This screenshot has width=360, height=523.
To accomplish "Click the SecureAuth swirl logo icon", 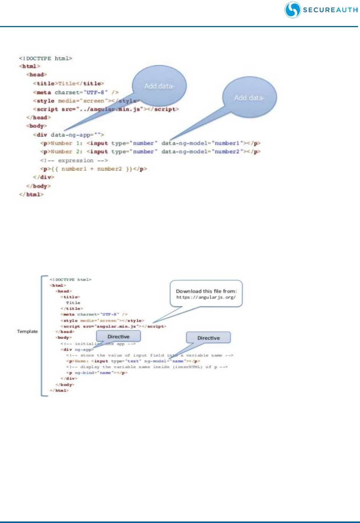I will (x=293, y=10).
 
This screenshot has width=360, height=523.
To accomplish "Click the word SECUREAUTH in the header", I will (x=330, y=10).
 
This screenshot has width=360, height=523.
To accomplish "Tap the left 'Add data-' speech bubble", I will (x=159, y=86).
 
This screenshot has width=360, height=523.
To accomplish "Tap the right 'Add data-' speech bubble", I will (x=249, y=98).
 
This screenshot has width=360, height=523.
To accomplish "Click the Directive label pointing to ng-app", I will (x=118, y=336).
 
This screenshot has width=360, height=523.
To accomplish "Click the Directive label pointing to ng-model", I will (x=209, y=338).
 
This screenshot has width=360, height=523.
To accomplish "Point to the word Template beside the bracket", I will (x=28, y=331).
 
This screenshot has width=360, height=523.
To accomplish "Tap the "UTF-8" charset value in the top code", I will (x=98, y=92).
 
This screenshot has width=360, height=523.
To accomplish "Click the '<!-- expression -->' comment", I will (x=74, y=161).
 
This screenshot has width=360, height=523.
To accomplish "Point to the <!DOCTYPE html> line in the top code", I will (x=46, y=58).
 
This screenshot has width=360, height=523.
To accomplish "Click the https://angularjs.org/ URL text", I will (x=206, y=297).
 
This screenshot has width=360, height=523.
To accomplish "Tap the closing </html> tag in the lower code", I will (x=59, y=390).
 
